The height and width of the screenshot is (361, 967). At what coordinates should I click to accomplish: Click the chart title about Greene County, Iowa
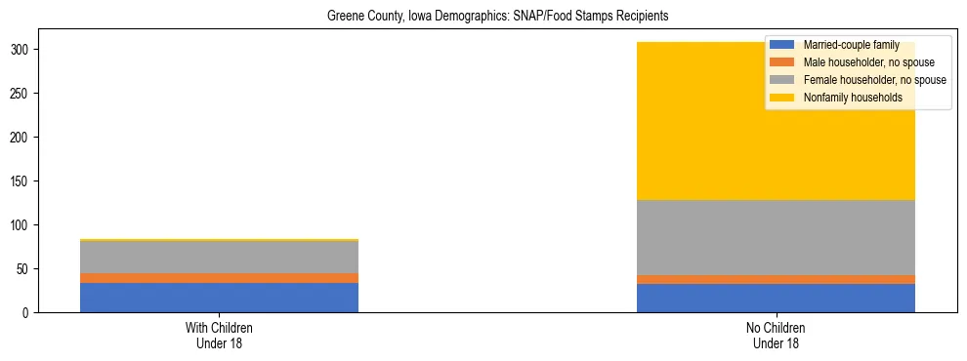tap(483, 17)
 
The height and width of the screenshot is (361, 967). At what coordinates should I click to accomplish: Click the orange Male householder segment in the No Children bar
tap(776, 280)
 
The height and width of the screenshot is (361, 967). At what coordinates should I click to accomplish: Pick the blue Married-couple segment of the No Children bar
tap(776, 299)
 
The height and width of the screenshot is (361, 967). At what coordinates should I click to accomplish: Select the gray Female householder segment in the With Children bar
tap(219, 257)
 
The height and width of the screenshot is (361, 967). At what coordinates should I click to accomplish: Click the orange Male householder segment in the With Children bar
tap(219, 278)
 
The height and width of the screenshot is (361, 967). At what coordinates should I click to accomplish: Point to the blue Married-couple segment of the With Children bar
tap(219, 298)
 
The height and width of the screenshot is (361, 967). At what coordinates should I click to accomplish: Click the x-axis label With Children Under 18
tap(219, 335)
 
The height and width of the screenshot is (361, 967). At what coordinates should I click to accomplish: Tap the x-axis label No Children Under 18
tap(776, 335)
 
